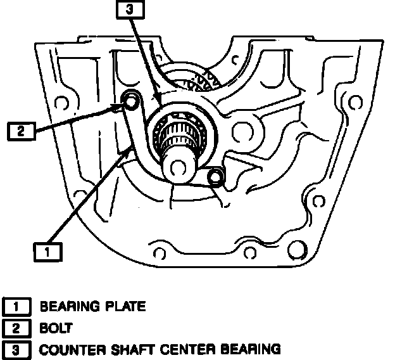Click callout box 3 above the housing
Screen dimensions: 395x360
[x=130, y=10]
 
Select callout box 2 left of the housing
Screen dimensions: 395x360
[x=20, y=131]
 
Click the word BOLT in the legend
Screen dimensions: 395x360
[x=56, y=328]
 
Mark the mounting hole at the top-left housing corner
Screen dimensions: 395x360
[x=61, y=101]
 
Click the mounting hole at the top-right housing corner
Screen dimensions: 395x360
[x=348, y=101]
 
